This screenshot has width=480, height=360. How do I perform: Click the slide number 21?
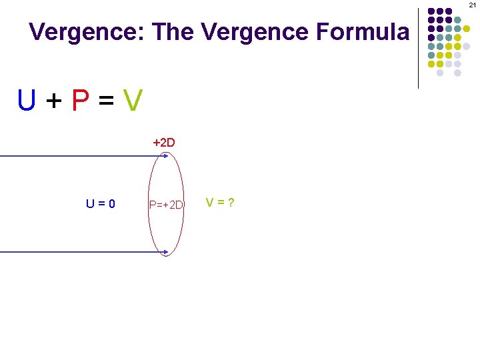pyautogui.click(x=472, y=5)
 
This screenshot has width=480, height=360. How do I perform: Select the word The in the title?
pyautogui.click(x=175, y=32)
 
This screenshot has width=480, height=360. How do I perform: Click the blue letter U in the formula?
pyautogui.click(x=27, y=101)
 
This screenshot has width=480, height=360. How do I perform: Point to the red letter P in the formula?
pyautogui.click(x=81, y=101)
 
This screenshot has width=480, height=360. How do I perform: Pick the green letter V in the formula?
pyautogui.click(x=133, y=101)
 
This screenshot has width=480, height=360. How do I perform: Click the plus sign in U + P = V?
pyautogui.click(x=55, y=101)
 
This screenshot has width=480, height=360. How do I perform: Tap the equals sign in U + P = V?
pyautogui.click(x=107, y=101)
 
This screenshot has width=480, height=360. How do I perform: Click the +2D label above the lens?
pyautogui.click(x=164, y=143)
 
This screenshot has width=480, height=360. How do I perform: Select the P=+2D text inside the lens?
pyautogui.click(x=166, y=204)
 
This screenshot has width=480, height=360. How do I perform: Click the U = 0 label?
pyautogui.click(x=100, y=203)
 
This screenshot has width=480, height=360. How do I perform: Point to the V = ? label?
pyautogui.click(x=219, y=202)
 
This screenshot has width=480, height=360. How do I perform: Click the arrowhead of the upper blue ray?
pyautogui.click(x=166, y=156)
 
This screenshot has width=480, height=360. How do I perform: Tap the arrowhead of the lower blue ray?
pyautogui.click(x=166, y=252)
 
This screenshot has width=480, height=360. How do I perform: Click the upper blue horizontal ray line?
pyautogui.click(x=80, y=156)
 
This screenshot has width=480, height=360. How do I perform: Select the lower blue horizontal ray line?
pyautogui.click(x=80, y=252)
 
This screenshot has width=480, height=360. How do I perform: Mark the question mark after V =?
pyautogui.click(x=231, y=202)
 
